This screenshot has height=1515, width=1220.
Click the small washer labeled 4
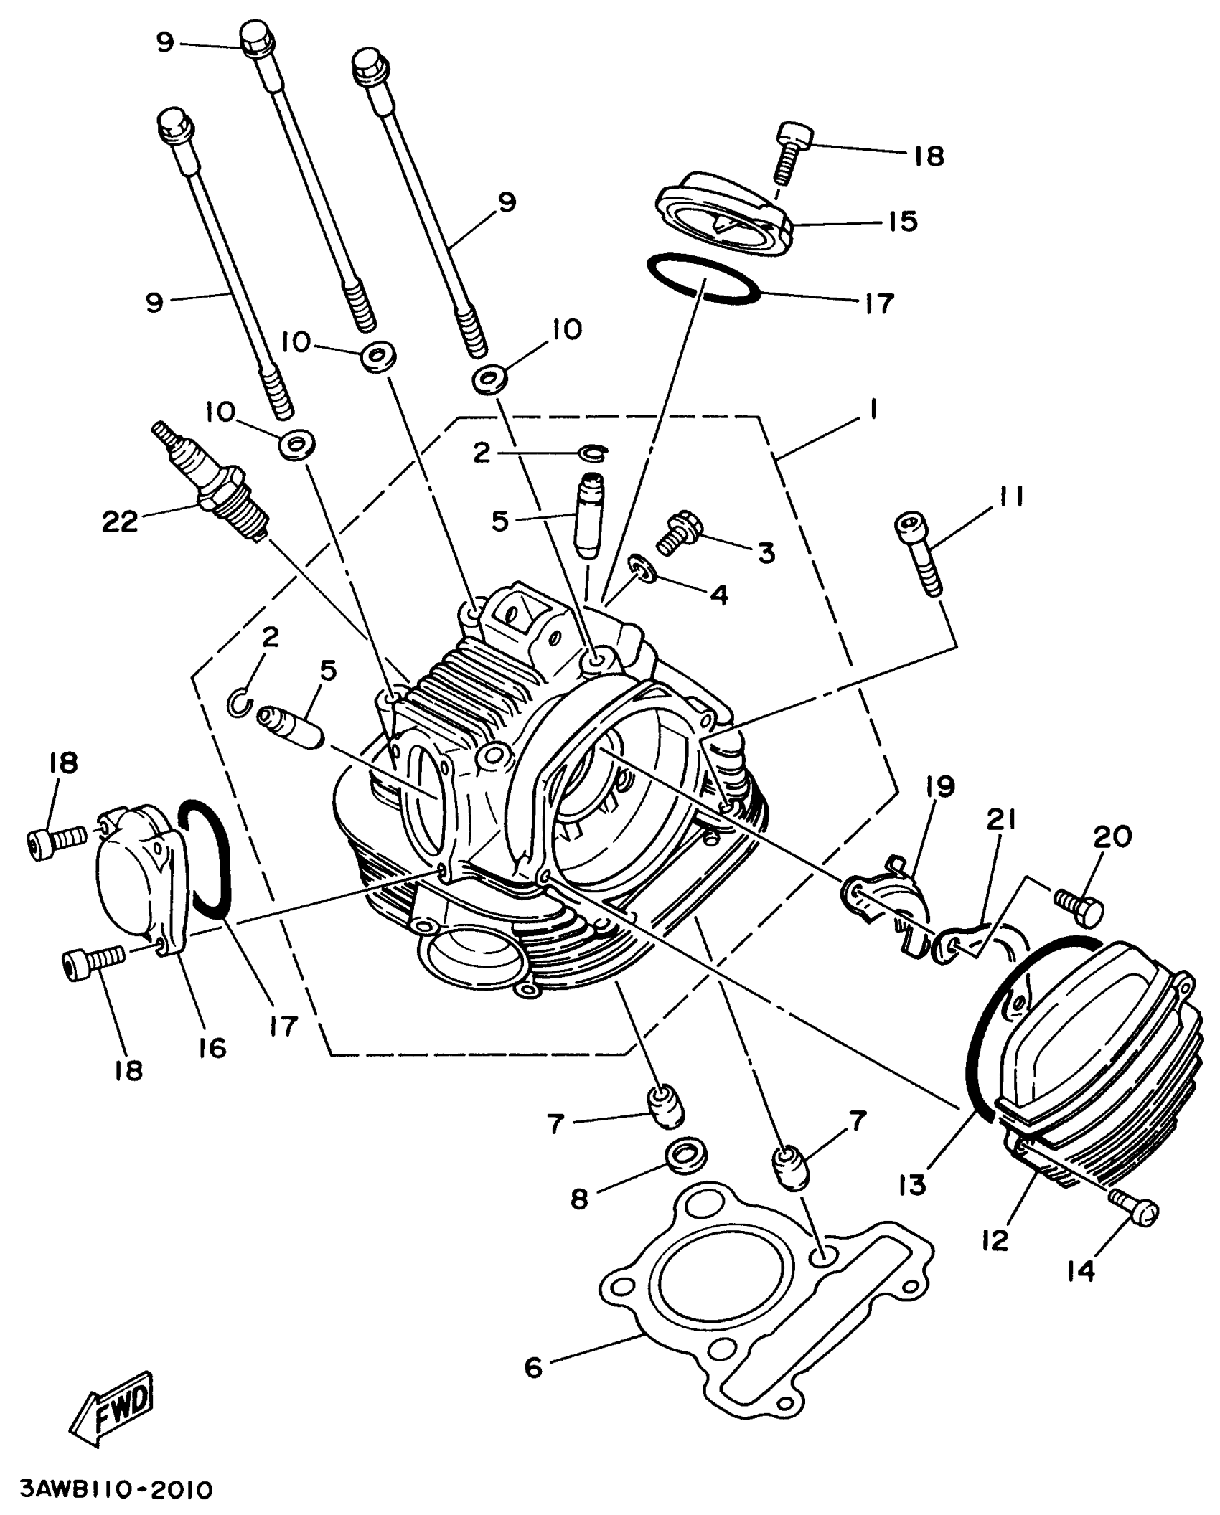click(644, 569)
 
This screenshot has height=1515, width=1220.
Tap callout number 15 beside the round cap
click(903, 221)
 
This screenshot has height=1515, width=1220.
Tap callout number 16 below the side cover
click(213, 1048)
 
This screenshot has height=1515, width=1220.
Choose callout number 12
click(996, 1239)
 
